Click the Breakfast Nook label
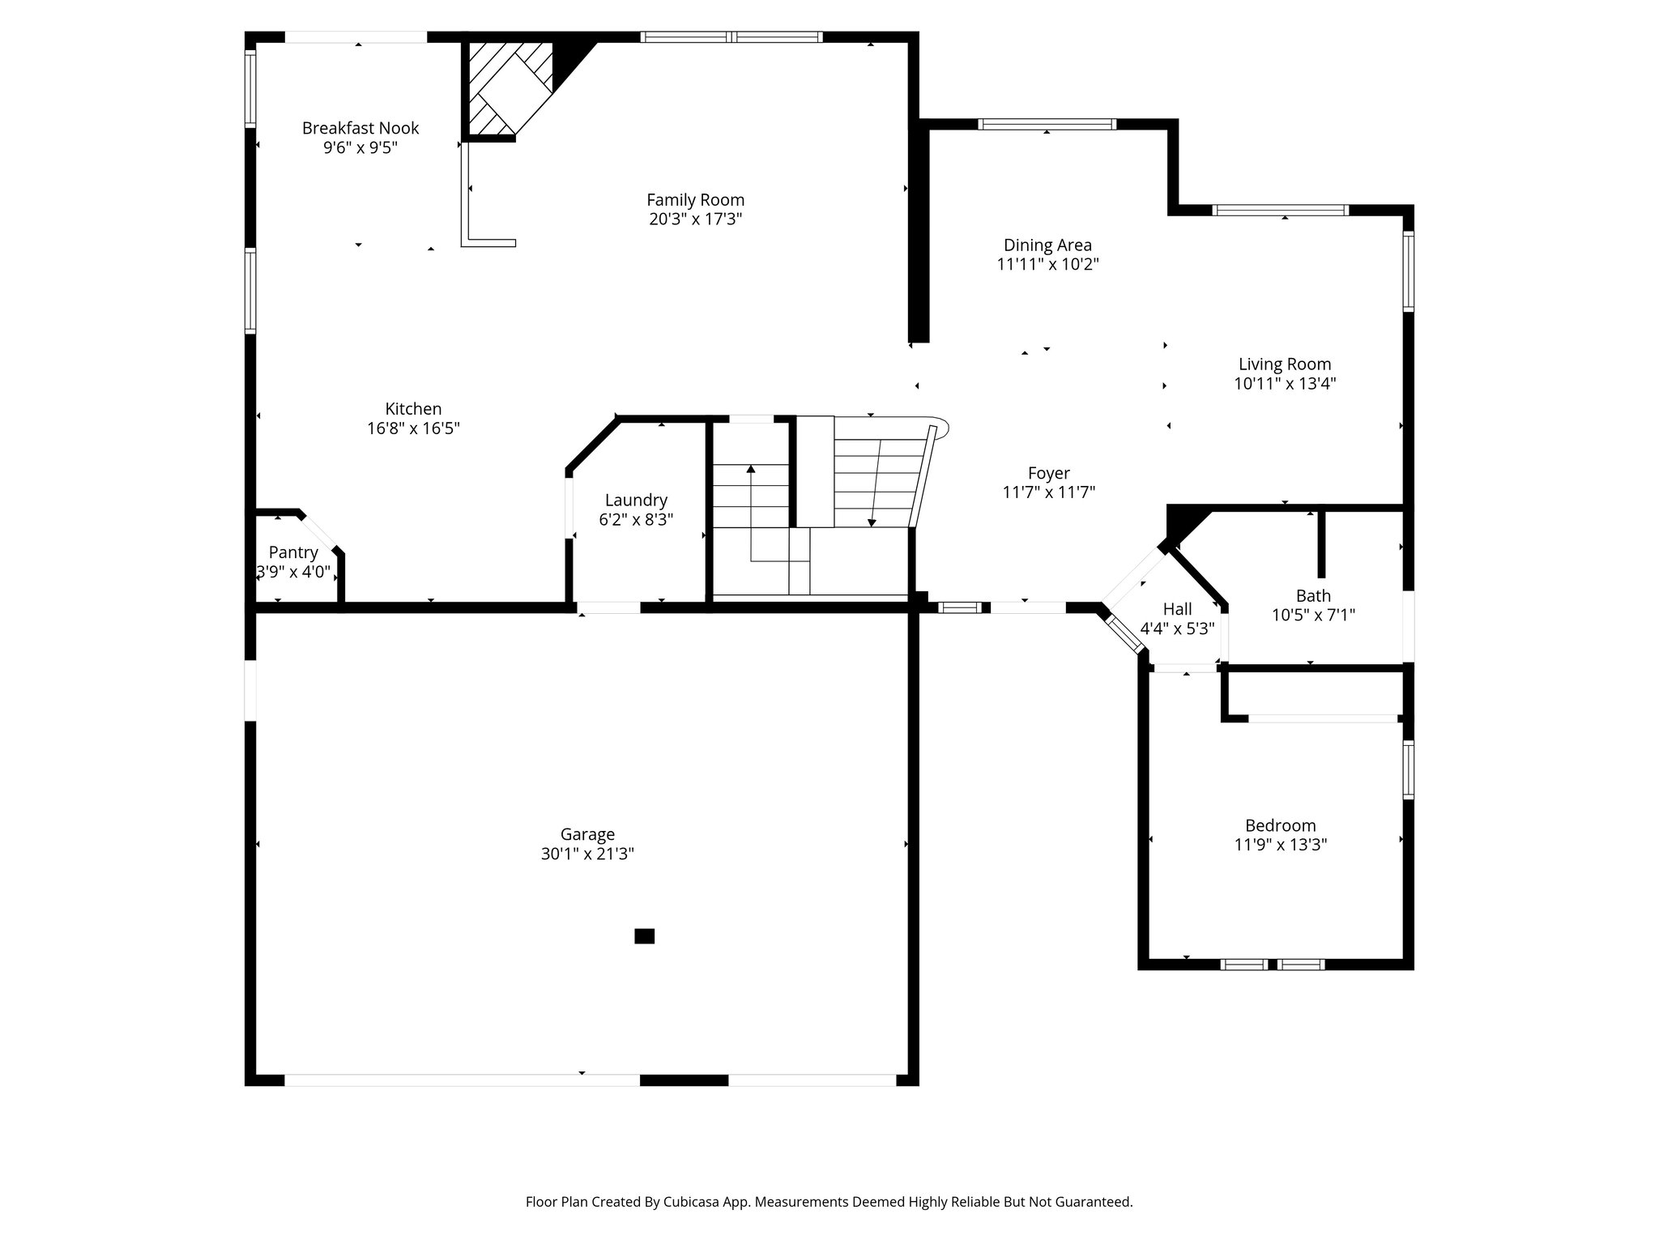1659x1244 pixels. point(360,128)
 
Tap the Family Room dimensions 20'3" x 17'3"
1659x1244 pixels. point(695,219)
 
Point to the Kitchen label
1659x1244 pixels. point(413,409)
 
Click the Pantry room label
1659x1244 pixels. point(292,552)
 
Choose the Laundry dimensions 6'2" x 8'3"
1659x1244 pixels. point(636,520)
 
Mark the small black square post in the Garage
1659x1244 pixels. point(644,936)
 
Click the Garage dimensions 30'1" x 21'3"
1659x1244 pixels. point(587,854)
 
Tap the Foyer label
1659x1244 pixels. point(1048,473)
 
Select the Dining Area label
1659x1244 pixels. point(1047,245)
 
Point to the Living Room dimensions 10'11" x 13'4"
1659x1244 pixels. point(1285,384)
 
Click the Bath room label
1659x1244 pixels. point(1313,596)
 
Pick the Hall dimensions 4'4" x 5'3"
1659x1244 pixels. point(1177,628)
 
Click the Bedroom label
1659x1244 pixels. point(1280,825)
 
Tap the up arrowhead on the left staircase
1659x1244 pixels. point(751,469)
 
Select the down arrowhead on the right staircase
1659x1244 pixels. point(872,523)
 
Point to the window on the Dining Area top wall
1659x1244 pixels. point(1047,125)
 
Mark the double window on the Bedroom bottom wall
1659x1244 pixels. point(1273,964)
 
